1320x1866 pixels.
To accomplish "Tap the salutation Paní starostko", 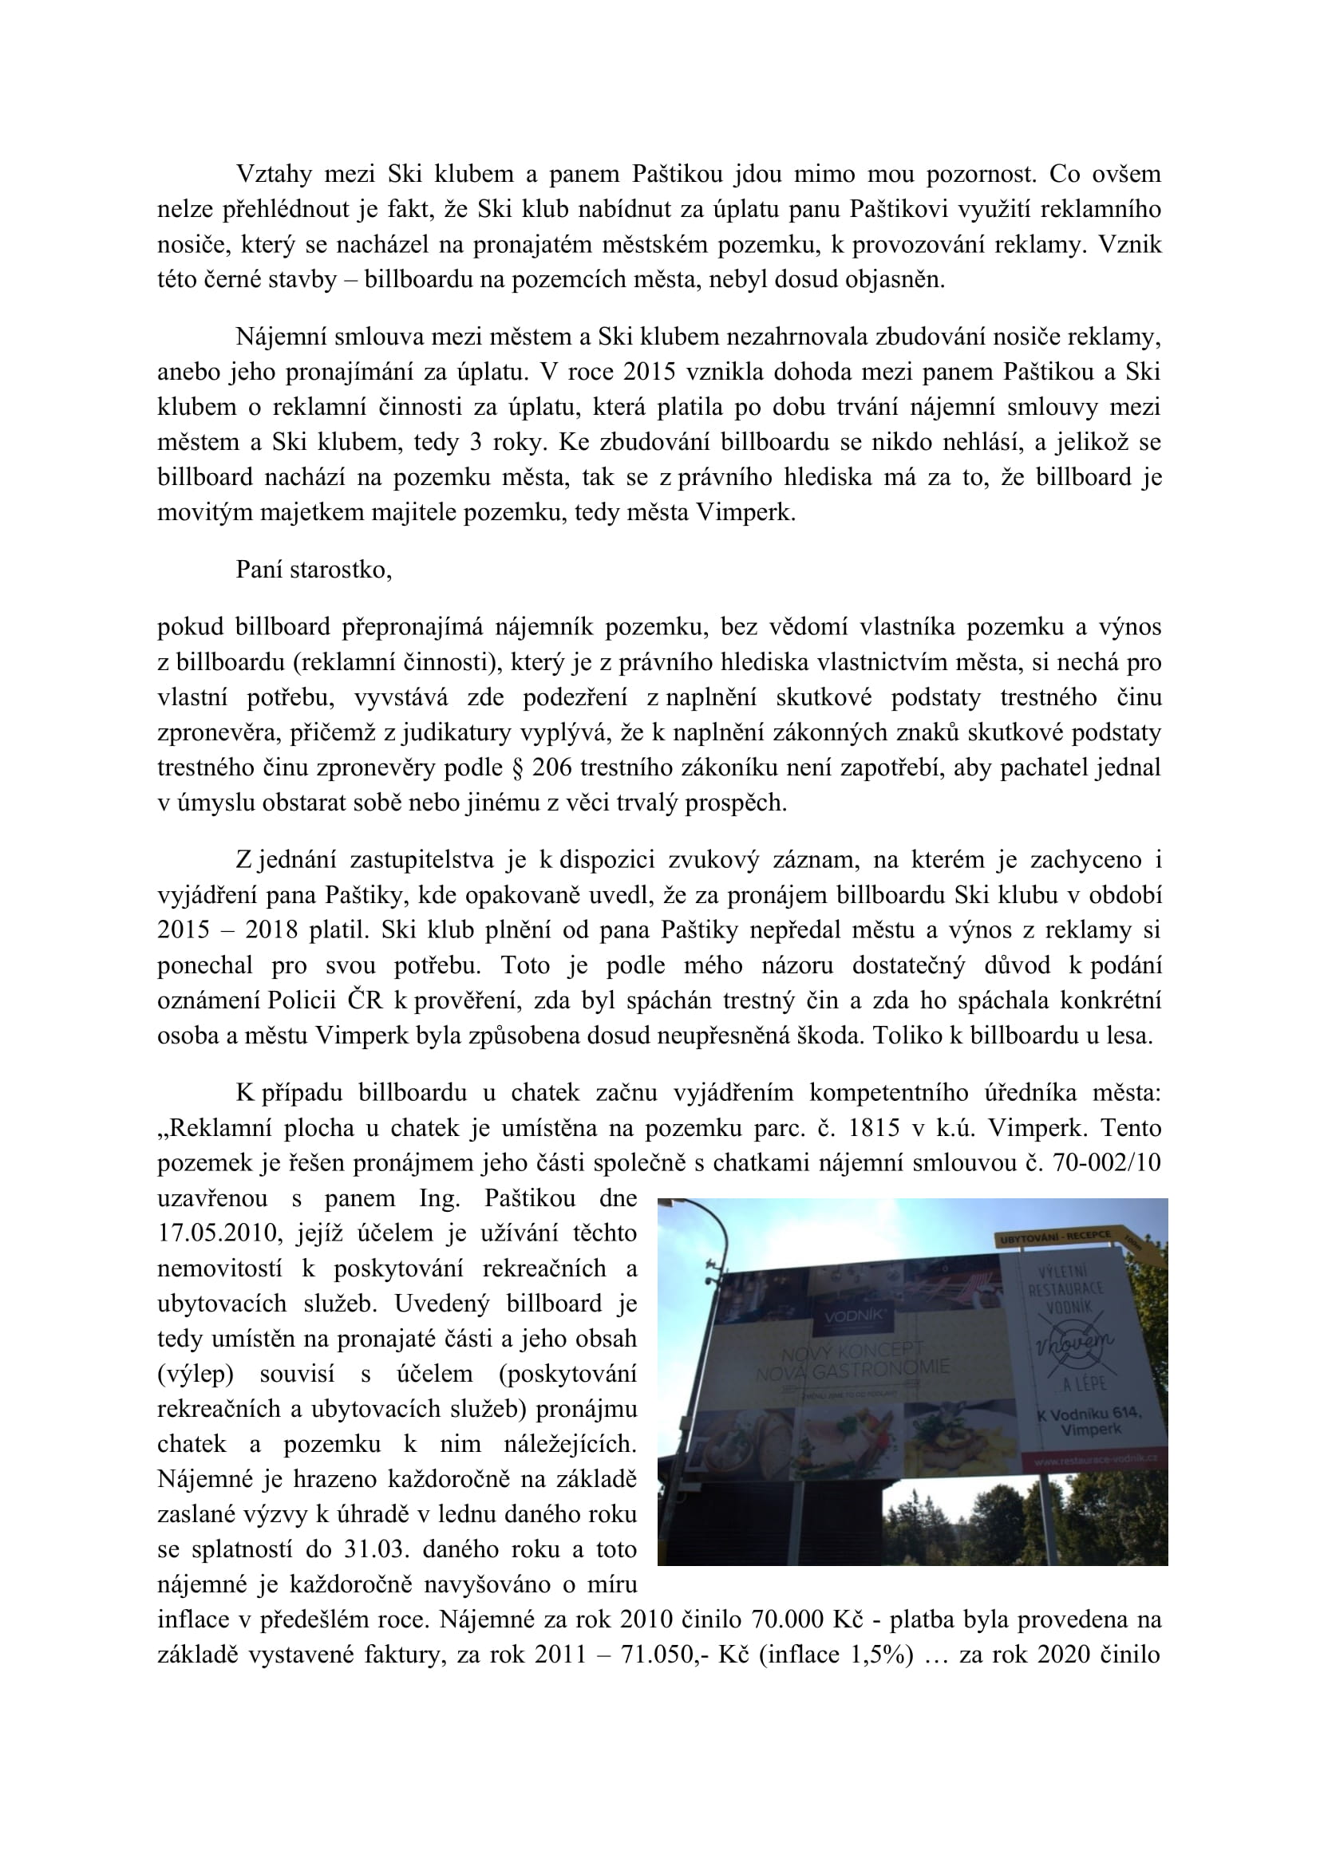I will [314, 570].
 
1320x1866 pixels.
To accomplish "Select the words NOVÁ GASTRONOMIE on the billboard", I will [852, 1371].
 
